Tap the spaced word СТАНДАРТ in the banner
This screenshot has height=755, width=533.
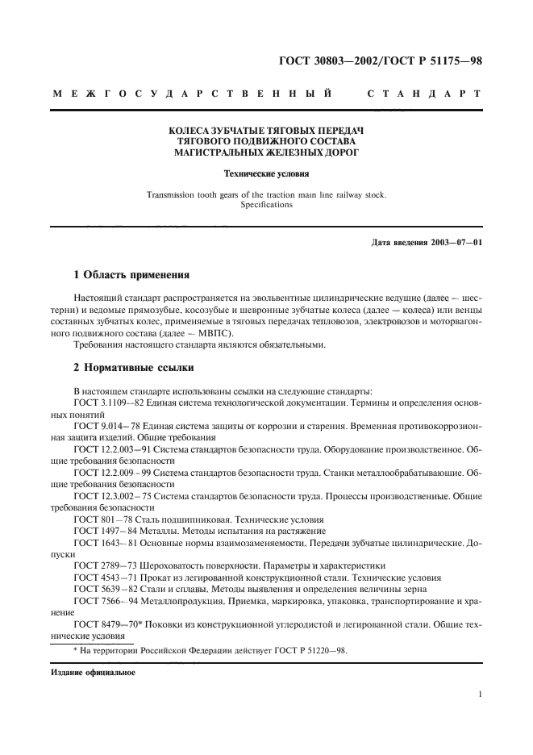424,94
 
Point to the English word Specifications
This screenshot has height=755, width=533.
266,205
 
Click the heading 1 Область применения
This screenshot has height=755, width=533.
130,275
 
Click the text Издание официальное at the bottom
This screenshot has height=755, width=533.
84,672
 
